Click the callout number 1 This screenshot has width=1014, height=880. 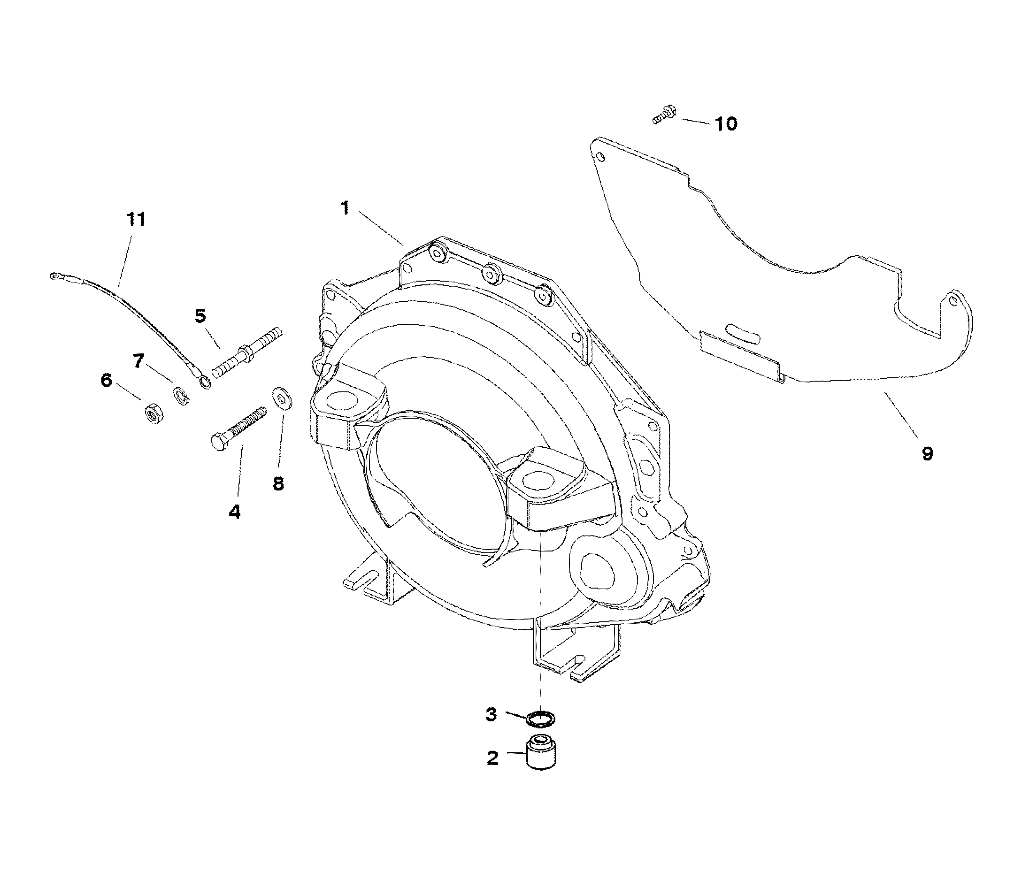[346, 208]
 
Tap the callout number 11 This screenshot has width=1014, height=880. [137, 219]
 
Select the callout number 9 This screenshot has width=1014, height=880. [927, 453]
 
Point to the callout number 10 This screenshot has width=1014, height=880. [726, 124]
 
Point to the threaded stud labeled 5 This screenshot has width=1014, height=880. [247, 353]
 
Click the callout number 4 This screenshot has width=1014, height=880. [235, 512]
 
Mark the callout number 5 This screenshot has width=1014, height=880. [200, 316]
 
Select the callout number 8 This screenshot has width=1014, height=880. [278, 484]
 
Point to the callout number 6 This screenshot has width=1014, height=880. [107, 381]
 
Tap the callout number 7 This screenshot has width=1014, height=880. [139, 361]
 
